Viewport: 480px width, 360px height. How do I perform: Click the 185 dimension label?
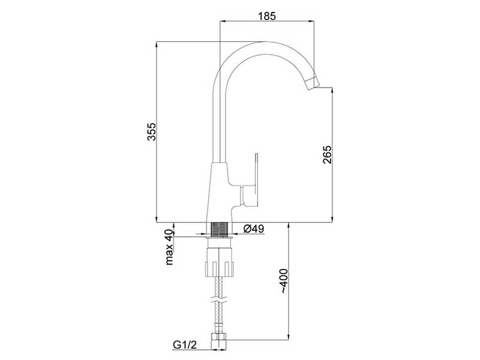pos(267,16)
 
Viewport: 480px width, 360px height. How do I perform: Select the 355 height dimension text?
pos(152,131)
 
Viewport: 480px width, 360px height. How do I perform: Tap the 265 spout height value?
pos(327,154)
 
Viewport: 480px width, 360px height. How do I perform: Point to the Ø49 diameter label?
pos(253,229)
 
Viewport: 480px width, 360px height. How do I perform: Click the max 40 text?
pos(169,247)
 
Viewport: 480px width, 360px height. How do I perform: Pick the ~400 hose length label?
pos(284,281)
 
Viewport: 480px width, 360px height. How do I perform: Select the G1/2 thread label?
pos(185,345)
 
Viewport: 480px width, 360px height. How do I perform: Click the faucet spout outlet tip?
pos(312,83)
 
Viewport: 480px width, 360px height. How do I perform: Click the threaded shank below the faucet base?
pos(219,229)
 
